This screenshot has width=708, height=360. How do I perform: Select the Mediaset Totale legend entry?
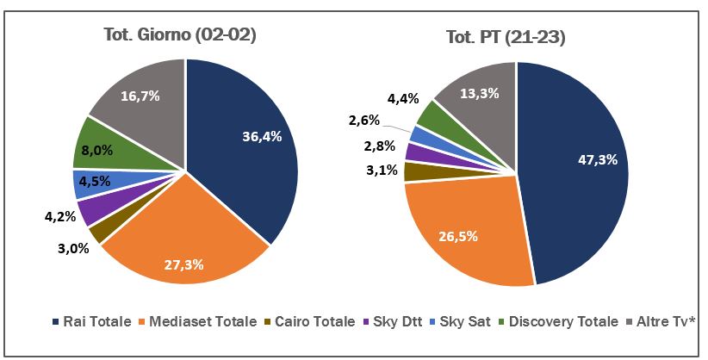tap(200, 322)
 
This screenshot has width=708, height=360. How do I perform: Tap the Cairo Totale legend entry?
tap(310, 322)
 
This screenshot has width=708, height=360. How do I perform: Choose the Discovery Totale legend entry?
tap(561, 322)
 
